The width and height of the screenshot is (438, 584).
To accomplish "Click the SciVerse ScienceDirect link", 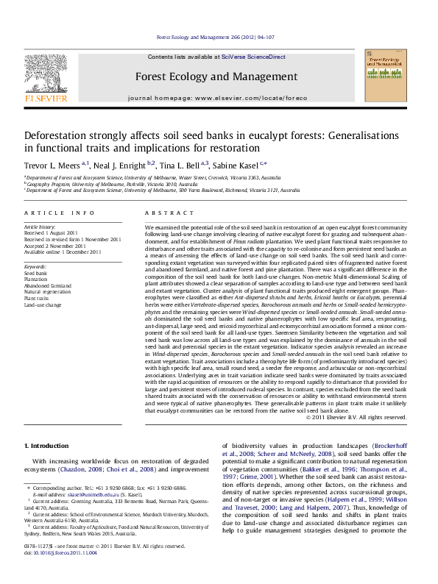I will click(x=255, y=57).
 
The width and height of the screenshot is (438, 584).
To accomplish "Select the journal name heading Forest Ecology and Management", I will click(x=216, y=76).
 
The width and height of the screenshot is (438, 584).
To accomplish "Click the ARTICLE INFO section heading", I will click(x=60, y=213).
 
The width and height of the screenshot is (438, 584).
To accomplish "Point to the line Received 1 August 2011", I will click(x=52, y=233).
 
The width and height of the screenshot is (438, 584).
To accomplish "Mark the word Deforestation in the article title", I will click(x=52, y=135).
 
